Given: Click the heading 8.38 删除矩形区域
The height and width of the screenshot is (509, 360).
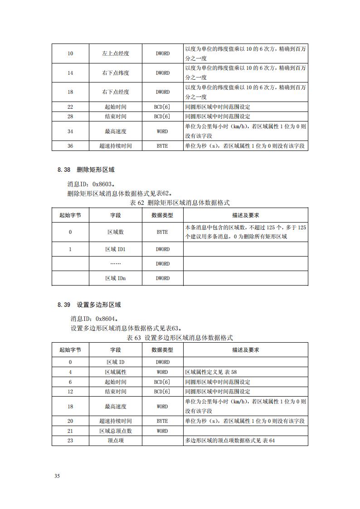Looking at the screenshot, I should [86, 170].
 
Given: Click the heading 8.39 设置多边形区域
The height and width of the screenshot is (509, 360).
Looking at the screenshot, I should [89, 305].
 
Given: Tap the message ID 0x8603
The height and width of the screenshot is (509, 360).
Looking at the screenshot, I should [90, 184].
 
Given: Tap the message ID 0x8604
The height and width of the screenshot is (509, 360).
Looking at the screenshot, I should [94, 319].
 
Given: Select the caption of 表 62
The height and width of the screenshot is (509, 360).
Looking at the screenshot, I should [180, 203].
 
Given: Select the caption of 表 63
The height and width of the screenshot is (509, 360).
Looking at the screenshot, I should [180, 338].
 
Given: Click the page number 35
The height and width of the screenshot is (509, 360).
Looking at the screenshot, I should [57, 476].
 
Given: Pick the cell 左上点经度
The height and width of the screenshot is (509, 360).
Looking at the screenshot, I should [116, 53].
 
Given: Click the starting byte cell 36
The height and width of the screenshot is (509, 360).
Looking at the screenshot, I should [70, 146].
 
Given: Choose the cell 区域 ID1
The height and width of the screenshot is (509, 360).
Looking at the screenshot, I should [116, 249].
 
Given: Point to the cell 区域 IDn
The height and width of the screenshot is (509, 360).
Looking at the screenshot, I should [116, 278].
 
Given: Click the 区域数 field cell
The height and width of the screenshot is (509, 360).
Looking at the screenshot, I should [116, 232].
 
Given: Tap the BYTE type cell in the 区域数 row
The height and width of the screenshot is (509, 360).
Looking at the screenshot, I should [162, 232].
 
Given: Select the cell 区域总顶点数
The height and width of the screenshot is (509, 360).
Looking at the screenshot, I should [116, 431].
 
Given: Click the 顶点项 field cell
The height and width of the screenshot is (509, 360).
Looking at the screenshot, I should [116, 441].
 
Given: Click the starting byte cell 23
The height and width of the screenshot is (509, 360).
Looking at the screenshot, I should [70, 441].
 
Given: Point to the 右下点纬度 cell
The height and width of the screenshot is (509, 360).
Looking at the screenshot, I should [116, 73].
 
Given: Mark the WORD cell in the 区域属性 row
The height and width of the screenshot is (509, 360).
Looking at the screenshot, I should [162, 372].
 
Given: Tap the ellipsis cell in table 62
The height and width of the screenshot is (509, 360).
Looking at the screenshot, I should [116, 264].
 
